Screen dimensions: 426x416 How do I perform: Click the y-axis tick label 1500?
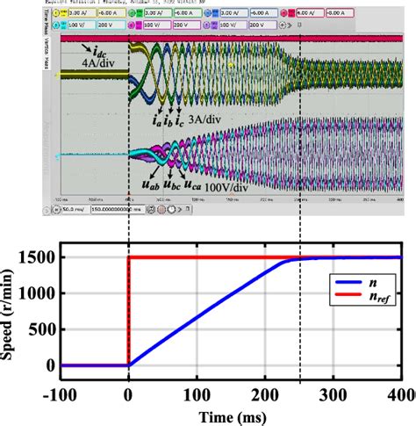coord(40,257)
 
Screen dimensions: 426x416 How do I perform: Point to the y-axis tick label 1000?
coord(40,293)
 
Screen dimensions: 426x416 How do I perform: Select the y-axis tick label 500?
coord(45,329)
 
